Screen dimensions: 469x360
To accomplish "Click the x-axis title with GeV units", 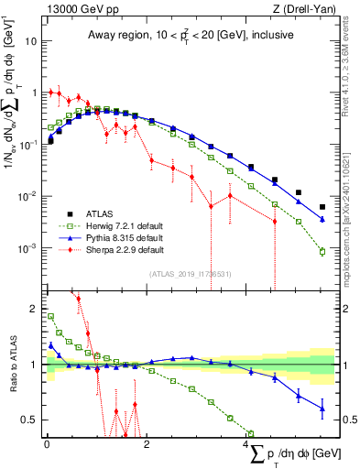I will pyautogui.click(x=288, y=455).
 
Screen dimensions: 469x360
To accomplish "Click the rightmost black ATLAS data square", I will pyautogui.click(x=322, y=207).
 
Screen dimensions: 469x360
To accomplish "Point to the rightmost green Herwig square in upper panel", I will pyautogui.click(x=322, y=251).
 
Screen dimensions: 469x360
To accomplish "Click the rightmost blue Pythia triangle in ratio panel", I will pyautogui.click(x=322, y=409).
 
